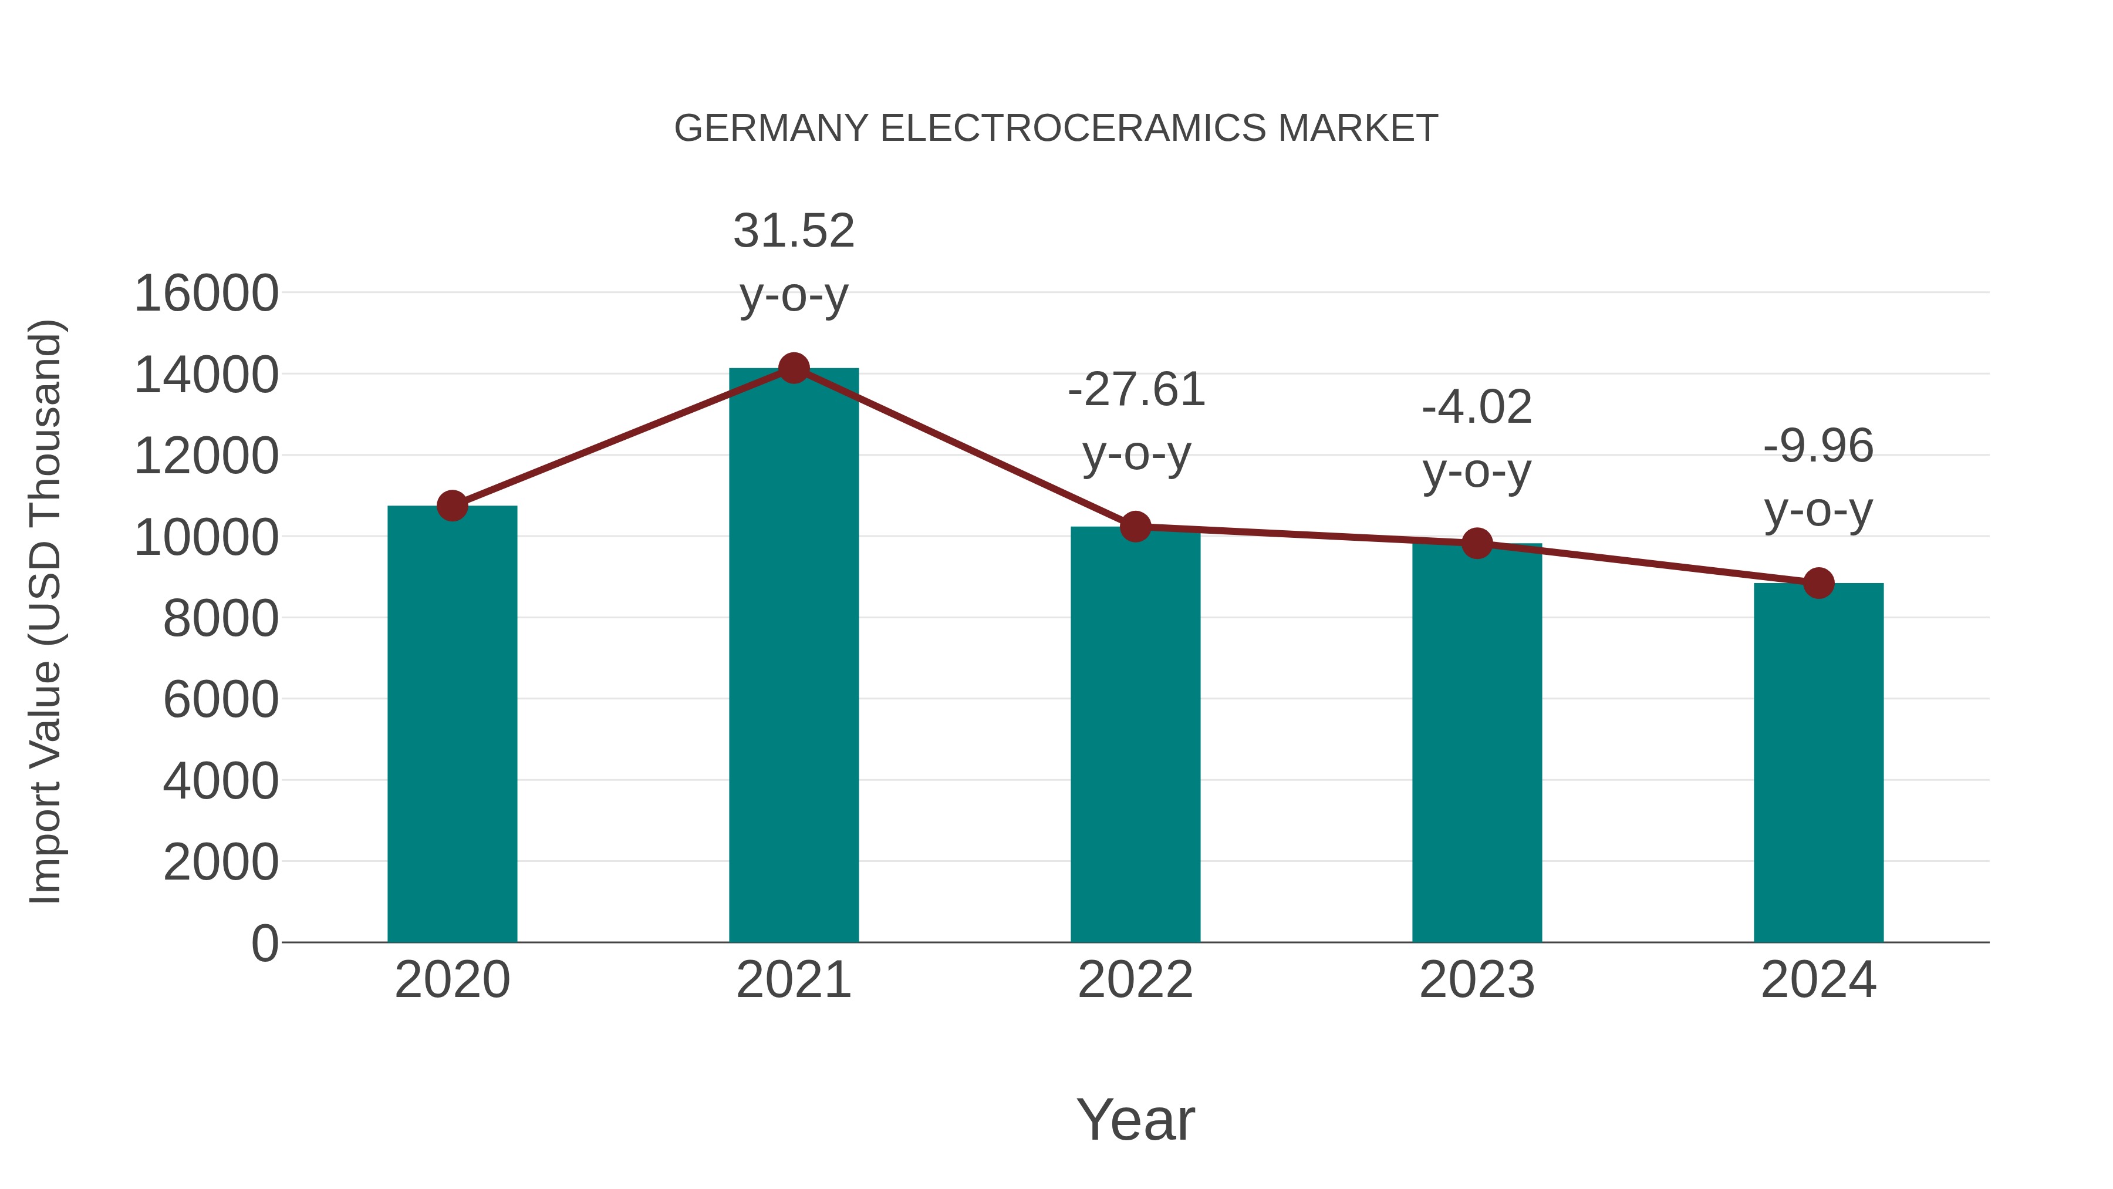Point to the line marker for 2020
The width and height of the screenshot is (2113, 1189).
[x=452, y=506]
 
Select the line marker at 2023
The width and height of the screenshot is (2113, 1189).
[x=1477, y=543]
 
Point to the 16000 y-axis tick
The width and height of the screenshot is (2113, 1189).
[x=206, y=294]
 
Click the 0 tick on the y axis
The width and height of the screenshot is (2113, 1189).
[x=264, y=944]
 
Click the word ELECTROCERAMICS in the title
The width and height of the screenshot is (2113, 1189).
[x=1073, y=129]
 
